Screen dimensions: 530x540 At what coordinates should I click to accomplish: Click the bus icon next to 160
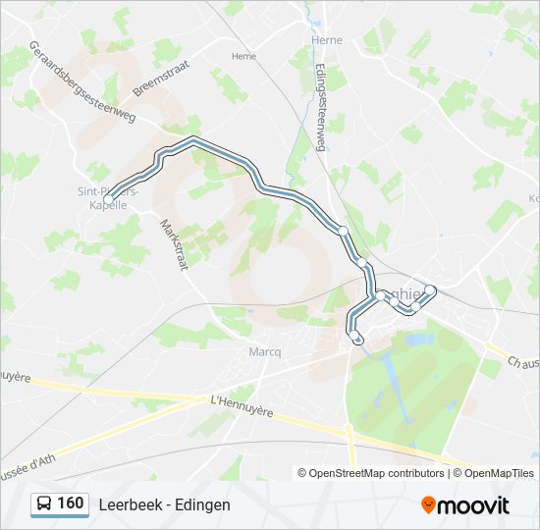(44, 504)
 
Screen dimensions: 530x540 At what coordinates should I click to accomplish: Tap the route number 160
(70, 503)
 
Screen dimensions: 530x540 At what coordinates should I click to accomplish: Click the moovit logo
(465, 504)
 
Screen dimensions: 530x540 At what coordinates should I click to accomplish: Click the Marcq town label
(264, 350)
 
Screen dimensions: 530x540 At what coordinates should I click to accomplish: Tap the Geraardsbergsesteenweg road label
(83, 84)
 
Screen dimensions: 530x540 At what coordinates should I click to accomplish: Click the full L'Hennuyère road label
(242, 405)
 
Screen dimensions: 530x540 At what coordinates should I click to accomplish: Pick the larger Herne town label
(326, 40)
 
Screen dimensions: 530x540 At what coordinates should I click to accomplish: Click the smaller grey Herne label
(243, 57)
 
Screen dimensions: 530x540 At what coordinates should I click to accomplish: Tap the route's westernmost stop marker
(107, 199)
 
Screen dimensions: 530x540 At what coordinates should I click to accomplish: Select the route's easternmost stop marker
(430, 290)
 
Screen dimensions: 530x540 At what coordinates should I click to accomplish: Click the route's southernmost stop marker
(356, 339)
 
